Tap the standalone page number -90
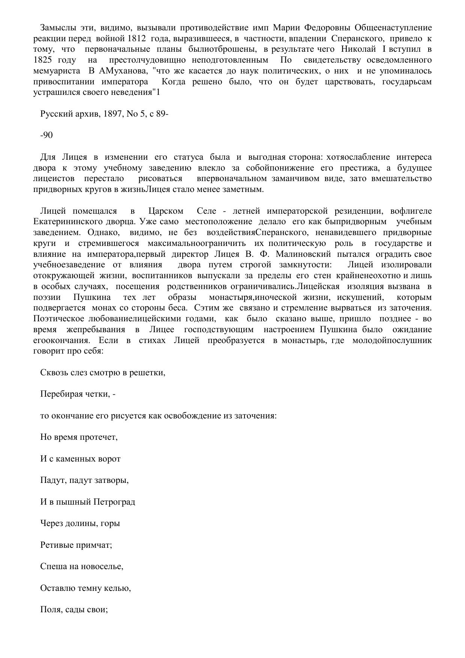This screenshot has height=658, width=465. pyautogui.click(x=46, y=135)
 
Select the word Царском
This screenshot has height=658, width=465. pyautogui.click(x=166, y=211)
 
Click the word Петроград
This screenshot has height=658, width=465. pyautogui.click(x=114, y=502)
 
